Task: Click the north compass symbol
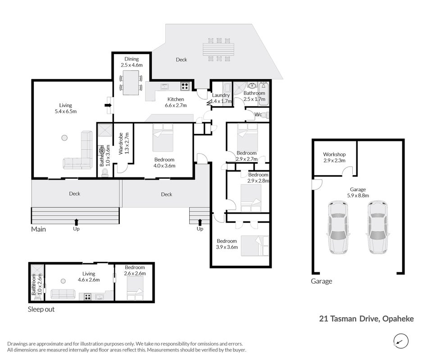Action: [x=401, y=341]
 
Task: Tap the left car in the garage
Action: [x=338, y=227]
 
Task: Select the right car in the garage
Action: [x=378, y=227]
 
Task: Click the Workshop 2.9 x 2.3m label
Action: [x=334, y=157]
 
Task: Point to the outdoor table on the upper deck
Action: [x=219, y=49]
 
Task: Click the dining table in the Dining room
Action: [x=131, y=83]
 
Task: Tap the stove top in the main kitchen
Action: [x=185, y=86]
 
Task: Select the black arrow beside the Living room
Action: [x=109, y=105]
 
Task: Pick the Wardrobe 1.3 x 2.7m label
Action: [x=124, y=144]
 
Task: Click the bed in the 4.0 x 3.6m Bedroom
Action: [x=163, y=137]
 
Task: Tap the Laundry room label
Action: [x=221, y=95]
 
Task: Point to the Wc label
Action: [x=258, y=115]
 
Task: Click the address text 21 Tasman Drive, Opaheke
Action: [x=366, y=319]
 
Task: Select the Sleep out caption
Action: [x=41, y=309]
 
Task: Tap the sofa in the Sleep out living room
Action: [x=63, y=294]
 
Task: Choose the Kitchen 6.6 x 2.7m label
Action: [x=176, y=102]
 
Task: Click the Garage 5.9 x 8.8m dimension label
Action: [x=358, y=192]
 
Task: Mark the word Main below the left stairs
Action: [x=38, y=229]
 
